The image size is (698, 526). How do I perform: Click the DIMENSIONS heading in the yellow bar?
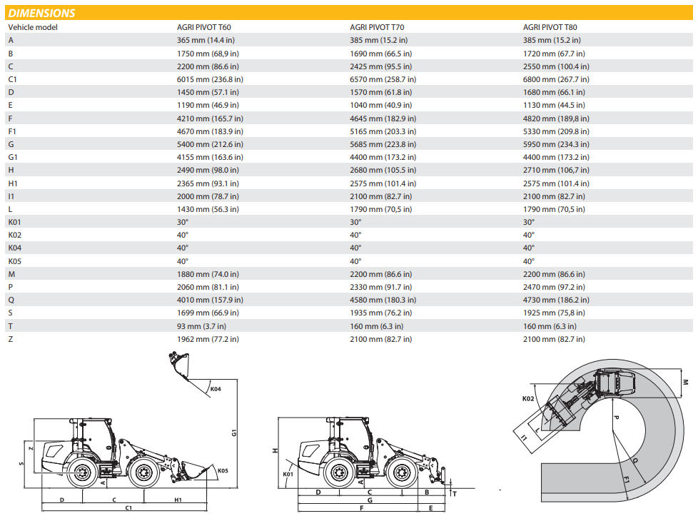(41, 13)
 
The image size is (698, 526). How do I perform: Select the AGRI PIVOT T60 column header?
(204, 27)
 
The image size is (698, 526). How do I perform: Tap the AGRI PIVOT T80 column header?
(550, 27)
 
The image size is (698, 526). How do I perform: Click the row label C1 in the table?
(12, 79)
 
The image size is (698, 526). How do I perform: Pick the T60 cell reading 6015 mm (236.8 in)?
(210, 79)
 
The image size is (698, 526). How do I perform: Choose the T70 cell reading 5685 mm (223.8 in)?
(383, 144)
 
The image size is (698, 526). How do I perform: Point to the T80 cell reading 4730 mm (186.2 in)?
(556, 300)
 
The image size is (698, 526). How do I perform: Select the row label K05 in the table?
(14, 261)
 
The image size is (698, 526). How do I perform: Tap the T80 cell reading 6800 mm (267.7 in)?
(556, 79)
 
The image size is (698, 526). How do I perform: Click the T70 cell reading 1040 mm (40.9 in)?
(380, 105)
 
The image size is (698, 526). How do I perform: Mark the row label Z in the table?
(11, 339)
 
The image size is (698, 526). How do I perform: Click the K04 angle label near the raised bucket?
(216, 389)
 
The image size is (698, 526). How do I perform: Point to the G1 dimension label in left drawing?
(233, 432)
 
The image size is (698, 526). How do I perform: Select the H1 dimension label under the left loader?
(178, 499)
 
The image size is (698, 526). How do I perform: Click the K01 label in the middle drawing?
(288, 473)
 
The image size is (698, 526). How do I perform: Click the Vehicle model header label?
(33, 27)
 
